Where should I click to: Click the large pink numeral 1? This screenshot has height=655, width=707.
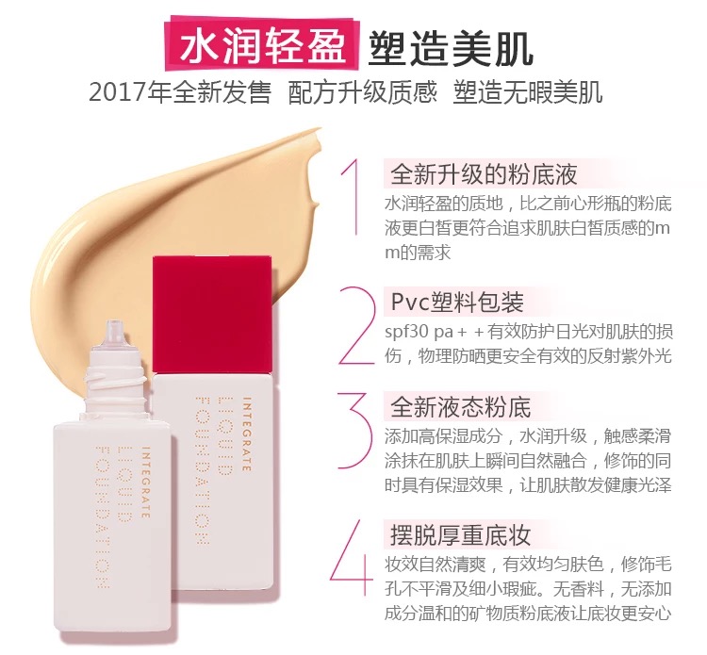[x=352, y=196]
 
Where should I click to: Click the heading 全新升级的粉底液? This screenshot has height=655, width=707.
[x=483, y=175]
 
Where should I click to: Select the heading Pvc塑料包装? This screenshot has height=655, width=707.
[x=456, y=303]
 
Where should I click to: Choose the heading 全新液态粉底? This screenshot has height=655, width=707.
[x=461, y=407]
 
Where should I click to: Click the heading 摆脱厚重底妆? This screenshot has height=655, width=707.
[x=461, y=535]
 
